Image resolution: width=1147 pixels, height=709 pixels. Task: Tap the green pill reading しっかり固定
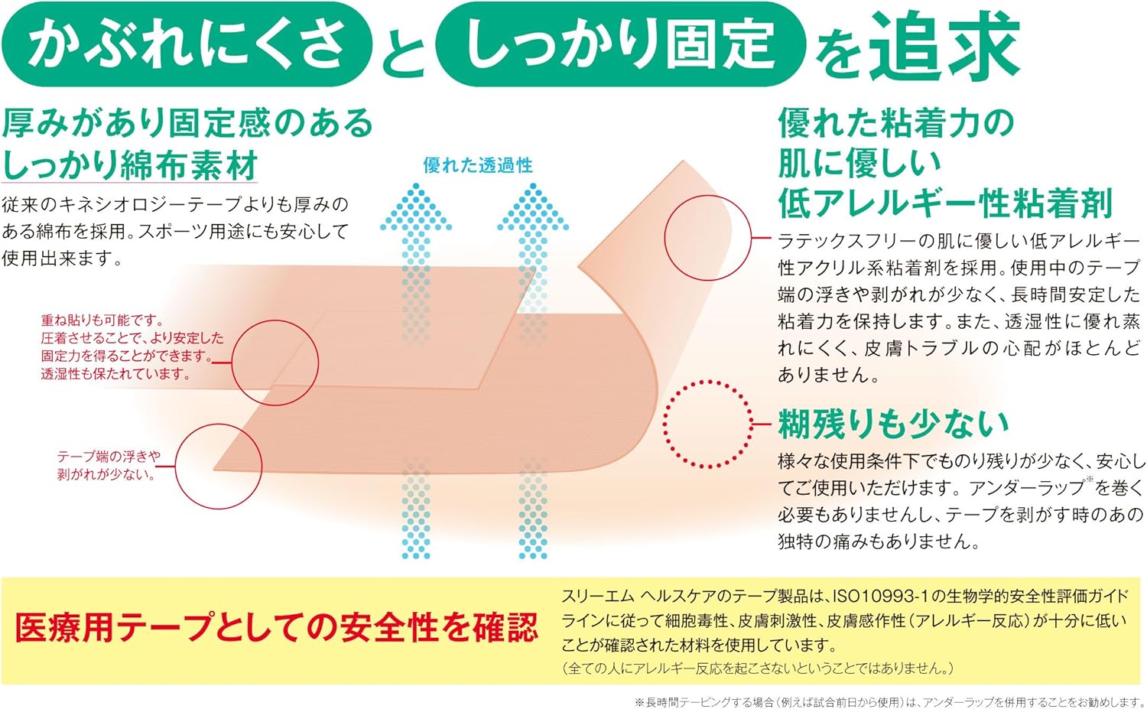tap(619, 44)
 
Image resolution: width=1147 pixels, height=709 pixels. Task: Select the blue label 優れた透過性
tap(478, 165)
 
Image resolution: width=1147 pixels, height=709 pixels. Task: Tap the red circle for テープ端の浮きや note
tap(219, 466)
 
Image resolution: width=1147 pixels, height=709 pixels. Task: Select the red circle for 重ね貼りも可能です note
tap(275, 363)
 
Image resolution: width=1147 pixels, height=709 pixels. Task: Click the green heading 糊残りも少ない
tap(893, 423)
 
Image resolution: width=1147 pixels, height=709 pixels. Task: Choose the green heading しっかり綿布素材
tap(130, 164)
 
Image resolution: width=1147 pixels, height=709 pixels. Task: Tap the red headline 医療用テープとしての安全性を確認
tap(277, 628)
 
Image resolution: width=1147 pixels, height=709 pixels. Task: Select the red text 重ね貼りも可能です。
tap(102, 320)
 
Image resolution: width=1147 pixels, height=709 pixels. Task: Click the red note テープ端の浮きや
tap(109, 457)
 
